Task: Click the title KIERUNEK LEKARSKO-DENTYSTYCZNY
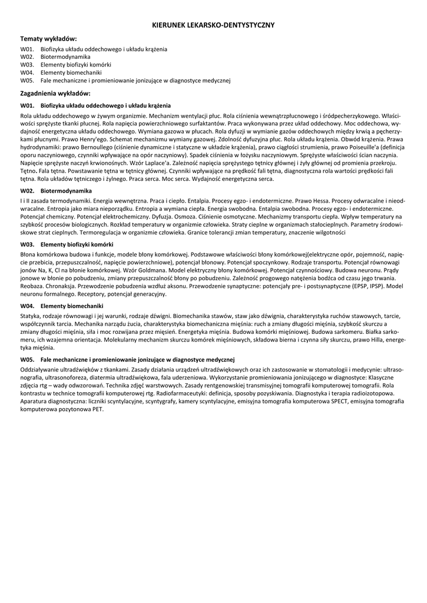point(213,25)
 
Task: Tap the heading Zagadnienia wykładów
point(55,93)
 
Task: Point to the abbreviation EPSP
point(348,286)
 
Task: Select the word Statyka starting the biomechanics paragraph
point(31,316)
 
